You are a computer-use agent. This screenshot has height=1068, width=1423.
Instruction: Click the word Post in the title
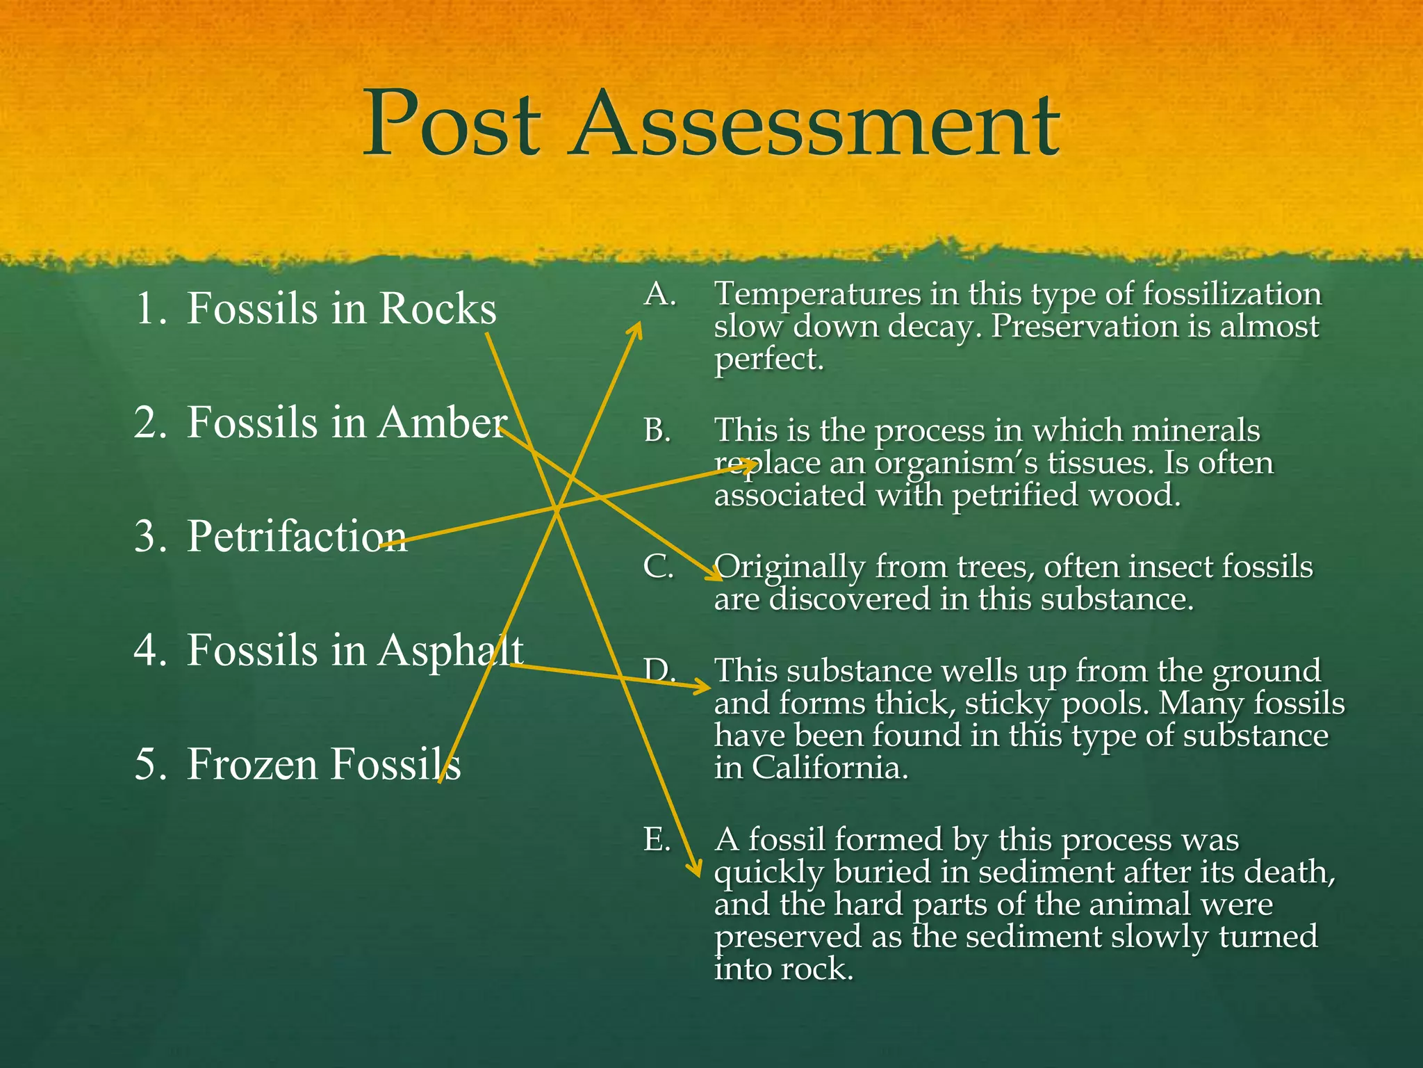coord(452,125)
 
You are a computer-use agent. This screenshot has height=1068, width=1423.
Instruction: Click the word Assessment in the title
coord(814,125)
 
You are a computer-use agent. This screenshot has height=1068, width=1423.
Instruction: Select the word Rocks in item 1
coord(438,308)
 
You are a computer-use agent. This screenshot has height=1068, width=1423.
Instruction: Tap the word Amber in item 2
coord(442,423)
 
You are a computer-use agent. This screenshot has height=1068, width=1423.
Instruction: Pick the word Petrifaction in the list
coord(297,536)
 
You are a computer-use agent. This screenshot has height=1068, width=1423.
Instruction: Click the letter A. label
coord(659,295)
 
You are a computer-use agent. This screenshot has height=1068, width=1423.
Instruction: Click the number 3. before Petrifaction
coord(150,537)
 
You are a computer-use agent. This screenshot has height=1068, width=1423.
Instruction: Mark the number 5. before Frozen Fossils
coord(150,765)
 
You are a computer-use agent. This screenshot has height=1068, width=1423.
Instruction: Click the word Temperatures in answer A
coord(817,295)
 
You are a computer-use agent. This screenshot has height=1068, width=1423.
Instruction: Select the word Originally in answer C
coord(789,567)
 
